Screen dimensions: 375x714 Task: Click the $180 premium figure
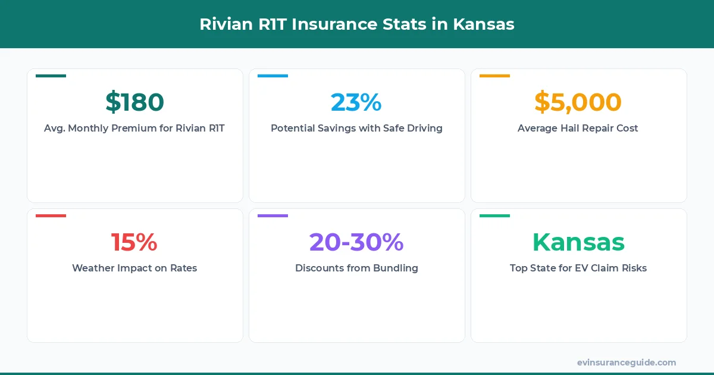point(134,102)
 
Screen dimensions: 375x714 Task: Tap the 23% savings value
point(356,102)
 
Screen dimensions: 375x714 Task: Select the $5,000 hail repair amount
point(578,102)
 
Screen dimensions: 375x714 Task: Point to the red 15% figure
point(134,242)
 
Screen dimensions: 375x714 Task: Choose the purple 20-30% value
point(356,242)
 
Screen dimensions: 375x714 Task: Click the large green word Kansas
point(578,242)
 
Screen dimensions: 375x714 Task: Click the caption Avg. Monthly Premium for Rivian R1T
point(134,128)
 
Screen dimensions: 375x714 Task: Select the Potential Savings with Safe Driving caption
point(356,128)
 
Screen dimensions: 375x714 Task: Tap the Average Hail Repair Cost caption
point(578,128)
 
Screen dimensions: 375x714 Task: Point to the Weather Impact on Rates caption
point(134,268)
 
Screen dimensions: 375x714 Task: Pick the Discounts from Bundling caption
point(356,268)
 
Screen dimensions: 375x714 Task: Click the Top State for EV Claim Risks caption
point(578,268)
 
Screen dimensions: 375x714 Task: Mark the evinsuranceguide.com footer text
point(627,362)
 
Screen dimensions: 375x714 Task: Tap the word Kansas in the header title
point(484,24)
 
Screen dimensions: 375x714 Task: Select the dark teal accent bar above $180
point(51,76)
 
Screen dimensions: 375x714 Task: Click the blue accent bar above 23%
point(273,76)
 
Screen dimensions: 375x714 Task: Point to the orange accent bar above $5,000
point(494,76)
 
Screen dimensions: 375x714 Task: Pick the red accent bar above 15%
point(51,215)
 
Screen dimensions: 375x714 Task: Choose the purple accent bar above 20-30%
point(273,215)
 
